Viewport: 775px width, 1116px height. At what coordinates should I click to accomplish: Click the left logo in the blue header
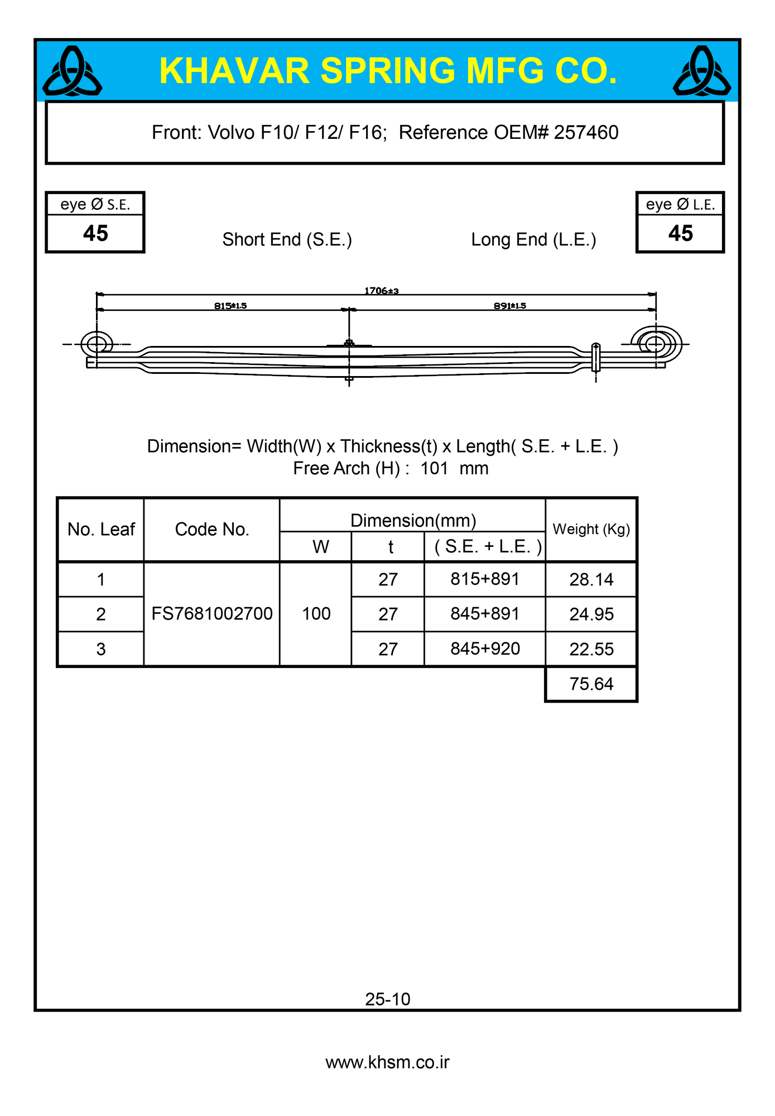[73, 71]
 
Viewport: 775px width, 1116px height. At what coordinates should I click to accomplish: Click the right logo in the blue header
[702, 71]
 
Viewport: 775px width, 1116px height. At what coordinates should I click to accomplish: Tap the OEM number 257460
[586, 133]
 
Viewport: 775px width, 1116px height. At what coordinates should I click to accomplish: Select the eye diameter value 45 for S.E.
[95, 233]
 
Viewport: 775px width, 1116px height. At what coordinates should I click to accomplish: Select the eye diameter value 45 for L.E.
[680, 233]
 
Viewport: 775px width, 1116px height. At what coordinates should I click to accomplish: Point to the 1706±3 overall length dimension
[381, 291]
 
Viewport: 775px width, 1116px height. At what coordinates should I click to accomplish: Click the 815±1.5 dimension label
[230, 306]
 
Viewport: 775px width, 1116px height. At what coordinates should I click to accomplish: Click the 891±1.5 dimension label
[509, 306]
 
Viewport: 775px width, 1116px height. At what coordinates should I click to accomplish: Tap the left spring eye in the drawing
[97, 344]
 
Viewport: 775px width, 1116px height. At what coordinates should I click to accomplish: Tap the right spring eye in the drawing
[656, 344]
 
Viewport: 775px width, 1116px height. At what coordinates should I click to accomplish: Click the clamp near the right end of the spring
[595, 358]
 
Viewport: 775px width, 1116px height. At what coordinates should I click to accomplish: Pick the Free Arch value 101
[434, 468]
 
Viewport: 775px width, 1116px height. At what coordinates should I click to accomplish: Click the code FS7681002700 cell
[212, 614]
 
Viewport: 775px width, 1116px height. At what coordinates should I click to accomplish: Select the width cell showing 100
[316, 614]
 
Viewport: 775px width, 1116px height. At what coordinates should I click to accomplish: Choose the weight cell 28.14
[591, 580]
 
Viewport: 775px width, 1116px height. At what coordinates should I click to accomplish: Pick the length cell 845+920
[485, 649]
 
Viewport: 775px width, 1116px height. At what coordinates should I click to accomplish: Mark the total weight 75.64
[591, 684]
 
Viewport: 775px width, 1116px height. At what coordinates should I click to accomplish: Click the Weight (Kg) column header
[591, 530]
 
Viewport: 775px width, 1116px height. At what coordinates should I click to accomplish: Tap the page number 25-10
[388, 999]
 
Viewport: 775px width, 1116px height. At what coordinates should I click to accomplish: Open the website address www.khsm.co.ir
[388, 1062]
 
